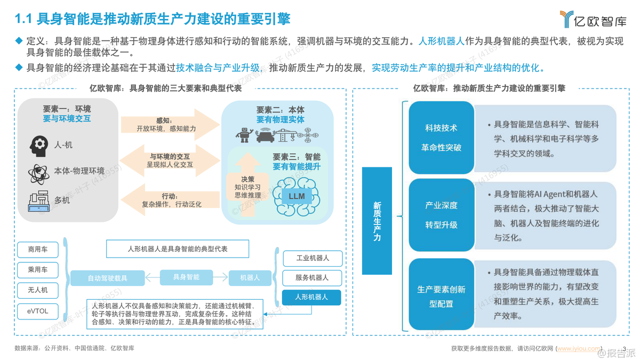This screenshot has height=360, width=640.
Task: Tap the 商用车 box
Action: (37, 249)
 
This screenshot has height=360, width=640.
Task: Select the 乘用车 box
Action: (37, 270)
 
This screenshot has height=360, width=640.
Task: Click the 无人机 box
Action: (37, 290)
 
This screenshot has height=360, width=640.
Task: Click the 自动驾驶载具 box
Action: (108, 278)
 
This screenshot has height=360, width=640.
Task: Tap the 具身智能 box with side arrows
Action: (187, 277)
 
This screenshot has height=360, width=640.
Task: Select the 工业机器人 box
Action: (312, 258)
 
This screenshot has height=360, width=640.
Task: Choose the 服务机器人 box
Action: (312, 277)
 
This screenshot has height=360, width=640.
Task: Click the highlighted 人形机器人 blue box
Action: (312, 297)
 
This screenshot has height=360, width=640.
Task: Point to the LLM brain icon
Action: (296, 196)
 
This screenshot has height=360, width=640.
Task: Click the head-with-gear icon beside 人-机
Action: (38, 145)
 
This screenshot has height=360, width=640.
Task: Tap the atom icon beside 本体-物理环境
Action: (38, 172)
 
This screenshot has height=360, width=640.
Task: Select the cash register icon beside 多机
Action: (38, 200)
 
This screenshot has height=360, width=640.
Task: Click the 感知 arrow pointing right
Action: (170, 125)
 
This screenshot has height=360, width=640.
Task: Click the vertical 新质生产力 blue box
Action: (377, 221)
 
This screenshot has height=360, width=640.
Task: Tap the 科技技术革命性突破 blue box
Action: (441, 138)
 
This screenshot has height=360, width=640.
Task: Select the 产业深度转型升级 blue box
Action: (441, 215)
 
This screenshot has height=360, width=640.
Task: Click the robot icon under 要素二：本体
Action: (244, 135)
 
